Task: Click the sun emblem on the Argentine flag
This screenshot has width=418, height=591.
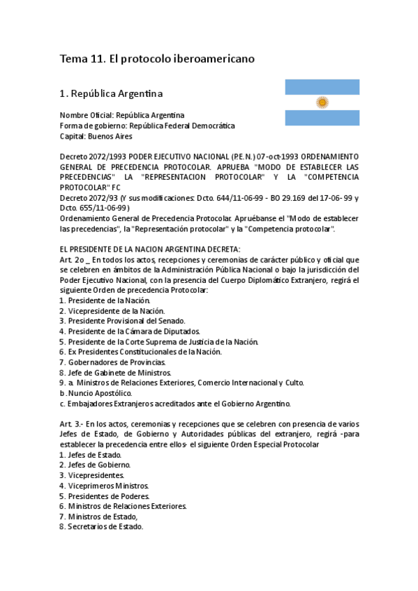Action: pyautogui.click(x=322, y=102)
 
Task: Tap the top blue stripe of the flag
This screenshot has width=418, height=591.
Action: pyautogui.click(x=322, y=86)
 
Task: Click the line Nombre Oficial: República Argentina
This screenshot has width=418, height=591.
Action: pyautogui.click(x=122, y=115)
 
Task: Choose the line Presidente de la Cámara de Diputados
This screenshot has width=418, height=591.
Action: pyautogui.click(x=129, y=331)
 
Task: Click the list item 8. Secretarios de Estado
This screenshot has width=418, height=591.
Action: pyautogui.click(x=101, y=527)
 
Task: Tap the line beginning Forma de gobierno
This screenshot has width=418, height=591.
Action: pyautogui.click(x=147, y=125)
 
